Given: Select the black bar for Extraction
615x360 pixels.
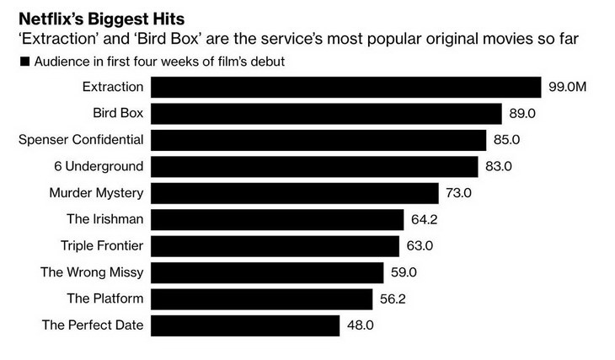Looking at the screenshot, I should click(345, 88).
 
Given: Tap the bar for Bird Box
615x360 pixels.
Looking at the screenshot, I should click(329, 114).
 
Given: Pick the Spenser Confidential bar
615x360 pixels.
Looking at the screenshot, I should click(320, 140).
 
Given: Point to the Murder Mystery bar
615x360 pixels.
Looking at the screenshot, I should click(296, 193).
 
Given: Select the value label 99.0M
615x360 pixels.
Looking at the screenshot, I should click(568, 88).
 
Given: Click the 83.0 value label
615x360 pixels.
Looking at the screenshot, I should click(499, 166).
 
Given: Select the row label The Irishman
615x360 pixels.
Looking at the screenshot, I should click(105, 219).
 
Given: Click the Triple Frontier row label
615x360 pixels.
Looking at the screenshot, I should click(102, 245).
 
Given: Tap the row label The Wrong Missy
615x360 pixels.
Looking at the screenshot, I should click(92, 272).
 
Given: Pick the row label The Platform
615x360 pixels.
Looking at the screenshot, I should click(105, 298).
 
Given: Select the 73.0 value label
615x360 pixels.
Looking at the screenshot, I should click(459, 193).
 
